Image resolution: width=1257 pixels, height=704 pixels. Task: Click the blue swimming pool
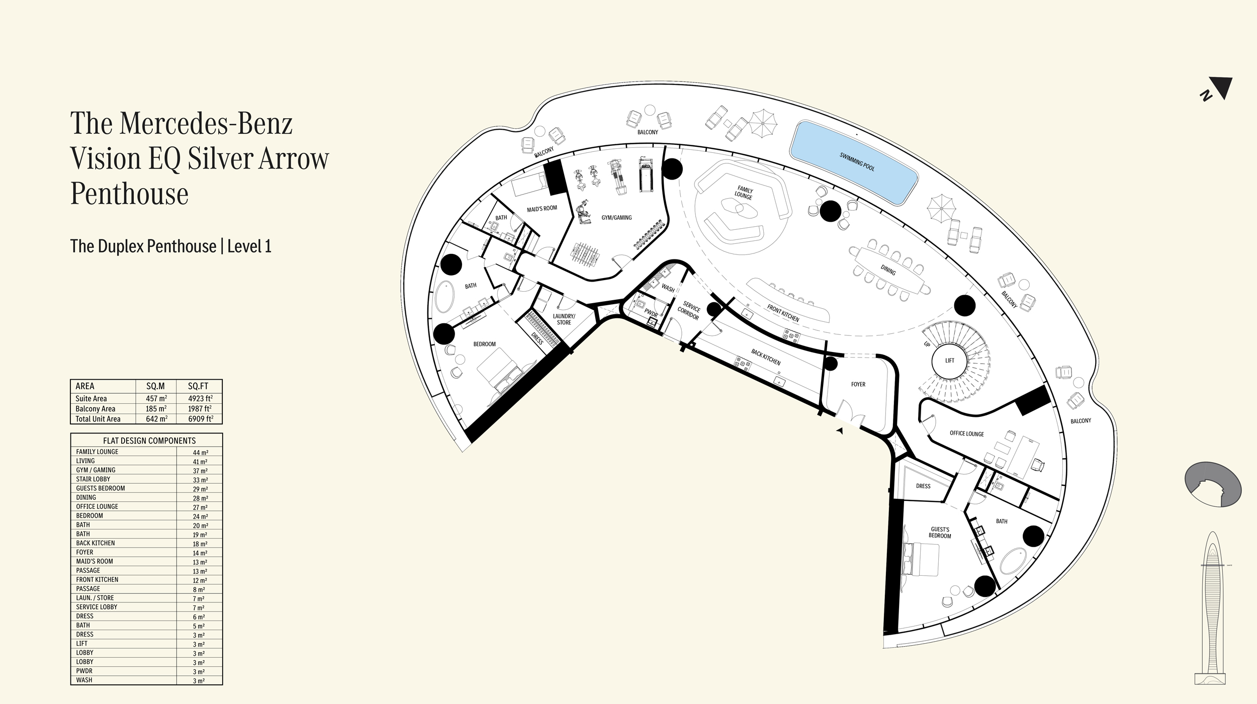[x=854, y=162]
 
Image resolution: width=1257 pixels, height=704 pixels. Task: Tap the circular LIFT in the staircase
[x=950, y=361]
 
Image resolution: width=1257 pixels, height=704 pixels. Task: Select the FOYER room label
[x=858, y=384]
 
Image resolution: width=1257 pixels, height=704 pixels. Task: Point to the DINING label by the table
[x=888, y=271]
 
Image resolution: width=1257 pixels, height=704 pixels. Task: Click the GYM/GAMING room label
[x=616, y=218]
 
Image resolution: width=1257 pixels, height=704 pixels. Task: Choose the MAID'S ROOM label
[x=542, y=208]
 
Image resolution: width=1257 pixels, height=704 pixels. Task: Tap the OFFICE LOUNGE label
[x=967, y=433]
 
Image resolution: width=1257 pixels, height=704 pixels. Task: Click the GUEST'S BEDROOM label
[x=940, y=533]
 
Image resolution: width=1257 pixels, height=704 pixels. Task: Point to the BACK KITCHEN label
[x=766, y=358]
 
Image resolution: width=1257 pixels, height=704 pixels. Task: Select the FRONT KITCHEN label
[x=783, y=313]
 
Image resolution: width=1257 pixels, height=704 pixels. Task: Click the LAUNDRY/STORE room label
[x=564, y=319]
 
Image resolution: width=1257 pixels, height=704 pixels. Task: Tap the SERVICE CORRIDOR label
[x=689, y=310]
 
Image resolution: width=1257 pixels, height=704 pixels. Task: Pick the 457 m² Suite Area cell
[x=156, y=399]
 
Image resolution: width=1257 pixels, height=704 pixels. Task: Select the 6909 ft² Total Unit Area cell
[x=200, y=419]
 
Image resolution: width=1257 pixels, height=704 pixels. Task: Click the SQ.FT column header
[x=198, y=386]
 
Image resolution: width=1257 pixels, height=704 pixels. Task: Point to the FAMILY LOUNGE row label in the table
[x=97, y=452]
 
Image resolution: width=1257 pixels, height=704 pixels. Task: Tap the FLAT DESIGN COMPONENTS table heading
[x=149, y=441]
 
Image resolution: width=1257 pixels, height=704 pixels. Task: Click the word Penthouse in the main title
[x=130, y=194]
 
